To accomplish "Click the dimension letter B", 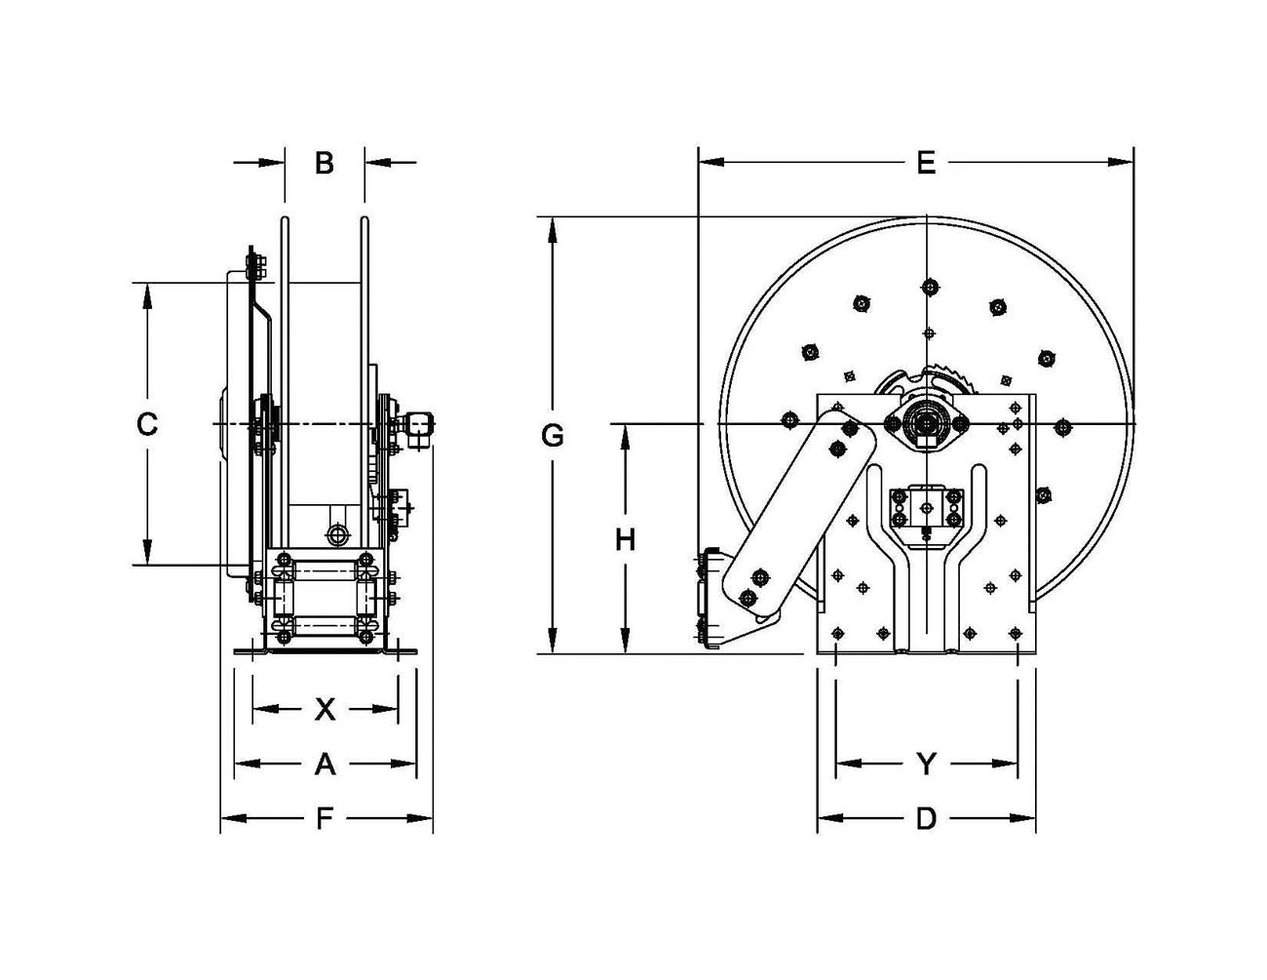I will [325, 163].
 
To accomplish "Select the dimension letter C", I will [146, 424].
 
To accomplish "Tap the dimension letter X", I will [325, 709].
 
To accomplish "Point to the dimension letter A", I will [325, 764].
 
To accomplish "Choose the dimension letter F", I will [325, 818].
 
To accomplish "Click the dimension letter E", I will [925, 163].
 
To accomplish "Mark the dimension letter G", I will [553, 436].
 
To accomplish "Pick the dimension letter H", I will [625, 539].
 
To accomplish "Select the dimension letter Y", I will [926, 764].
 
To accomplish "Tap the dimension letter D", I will [926, 818].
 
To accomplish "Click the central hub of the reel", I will [924, 423].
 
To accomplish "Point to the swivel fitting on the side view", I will [417, 425].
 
